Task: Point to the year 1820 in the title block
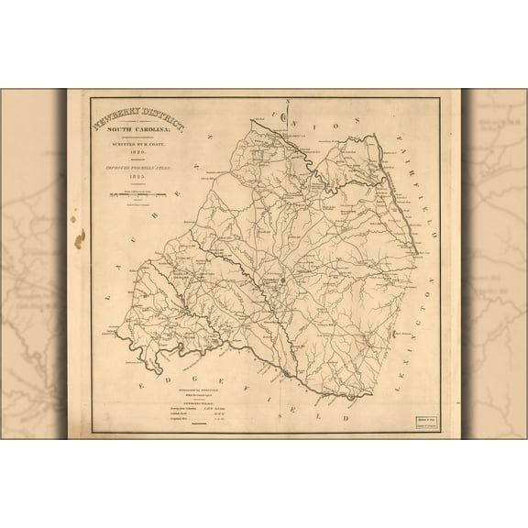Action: click(x=137, y=152)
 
